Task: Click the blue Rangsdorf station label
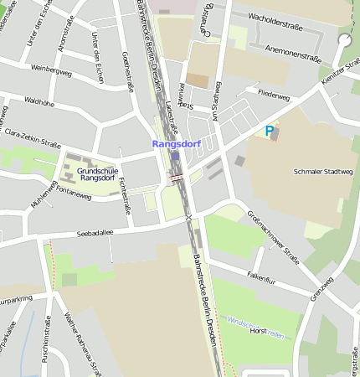click(177, 144)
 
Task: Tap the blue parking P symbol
click(269, 131)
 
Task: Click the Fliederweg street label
click(274, 94)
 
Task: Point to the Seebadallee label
click(94, 234)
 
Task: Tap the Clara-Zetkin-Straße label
click(33, 134)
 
